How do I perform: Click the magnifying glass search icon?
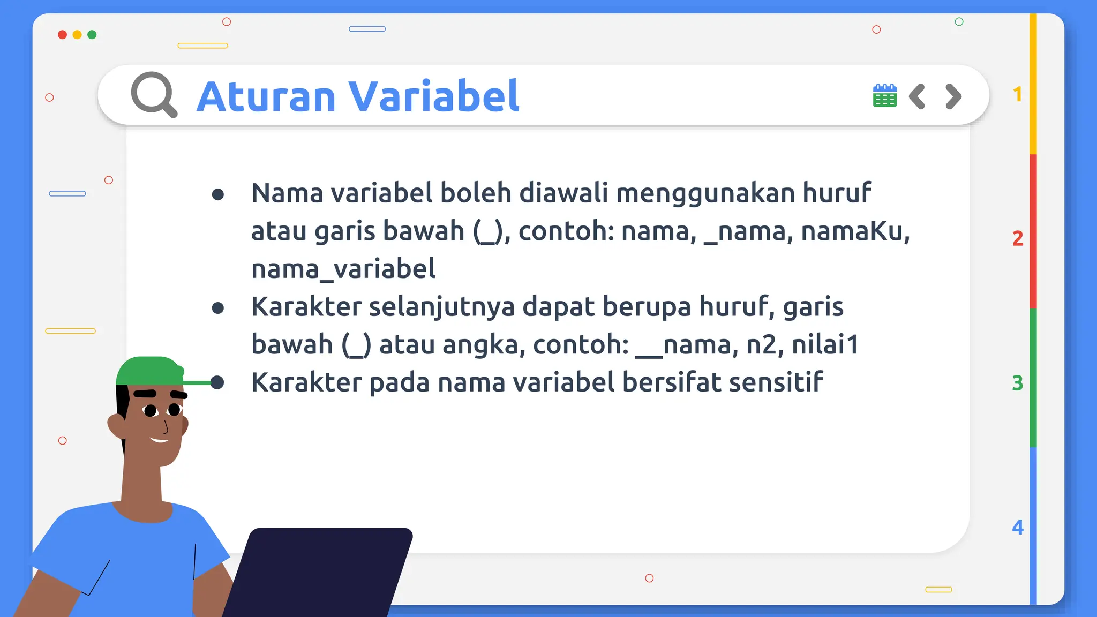(x=153, y=94)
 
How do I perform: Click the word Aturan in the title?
(x=266, y=96)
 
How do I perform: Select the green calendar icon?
(x=884, y=96)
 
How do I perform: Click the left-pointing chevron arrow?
(x=917, y=96)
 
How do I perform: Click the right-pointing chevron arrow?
(x=953, y=96)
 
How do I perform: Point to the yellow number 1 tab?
(x=1018, y=95)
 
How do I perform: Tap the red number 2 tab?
(x=1018, y=238)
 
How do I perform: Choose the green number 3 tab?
(x=1018, y=383)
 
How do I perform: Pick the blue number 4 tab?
(x=1018, y=528)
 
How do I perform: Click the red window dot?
(x=62, y=35)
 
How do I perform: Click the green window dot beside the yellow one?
(x=92, y=35)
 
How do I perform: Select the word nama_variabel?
(x=343, y=269)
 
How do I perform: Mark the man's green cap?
(x=150, y=371)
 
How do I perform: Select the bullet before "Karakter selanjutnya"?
(x=217, y=308)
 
